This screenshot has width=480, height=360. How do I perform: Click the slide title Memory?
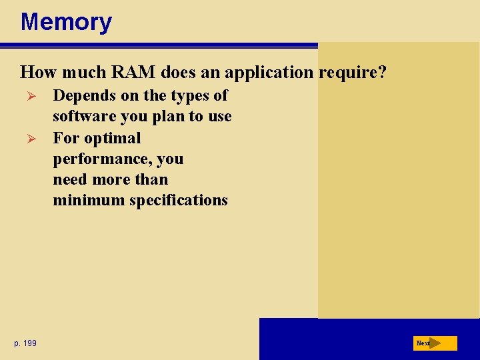pyautogui.click(x=66, y=22)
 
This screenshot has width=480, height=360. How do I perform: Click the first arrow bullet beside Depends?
pyautogui.click(x=27, y=96)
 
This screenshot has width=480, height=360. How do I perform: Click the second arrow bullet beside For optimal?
pyautogui.click(x=27, y=139)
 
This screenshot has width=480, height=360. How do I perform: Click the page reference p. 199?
pyautogui.click(x=25, y=343)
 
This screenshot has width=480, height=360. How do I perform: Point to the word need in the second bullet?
pyautogui.click(x=71, y=179)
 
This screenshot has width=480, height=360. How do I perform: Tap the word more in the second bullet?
pyautogui.click(x=113, y=179)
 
